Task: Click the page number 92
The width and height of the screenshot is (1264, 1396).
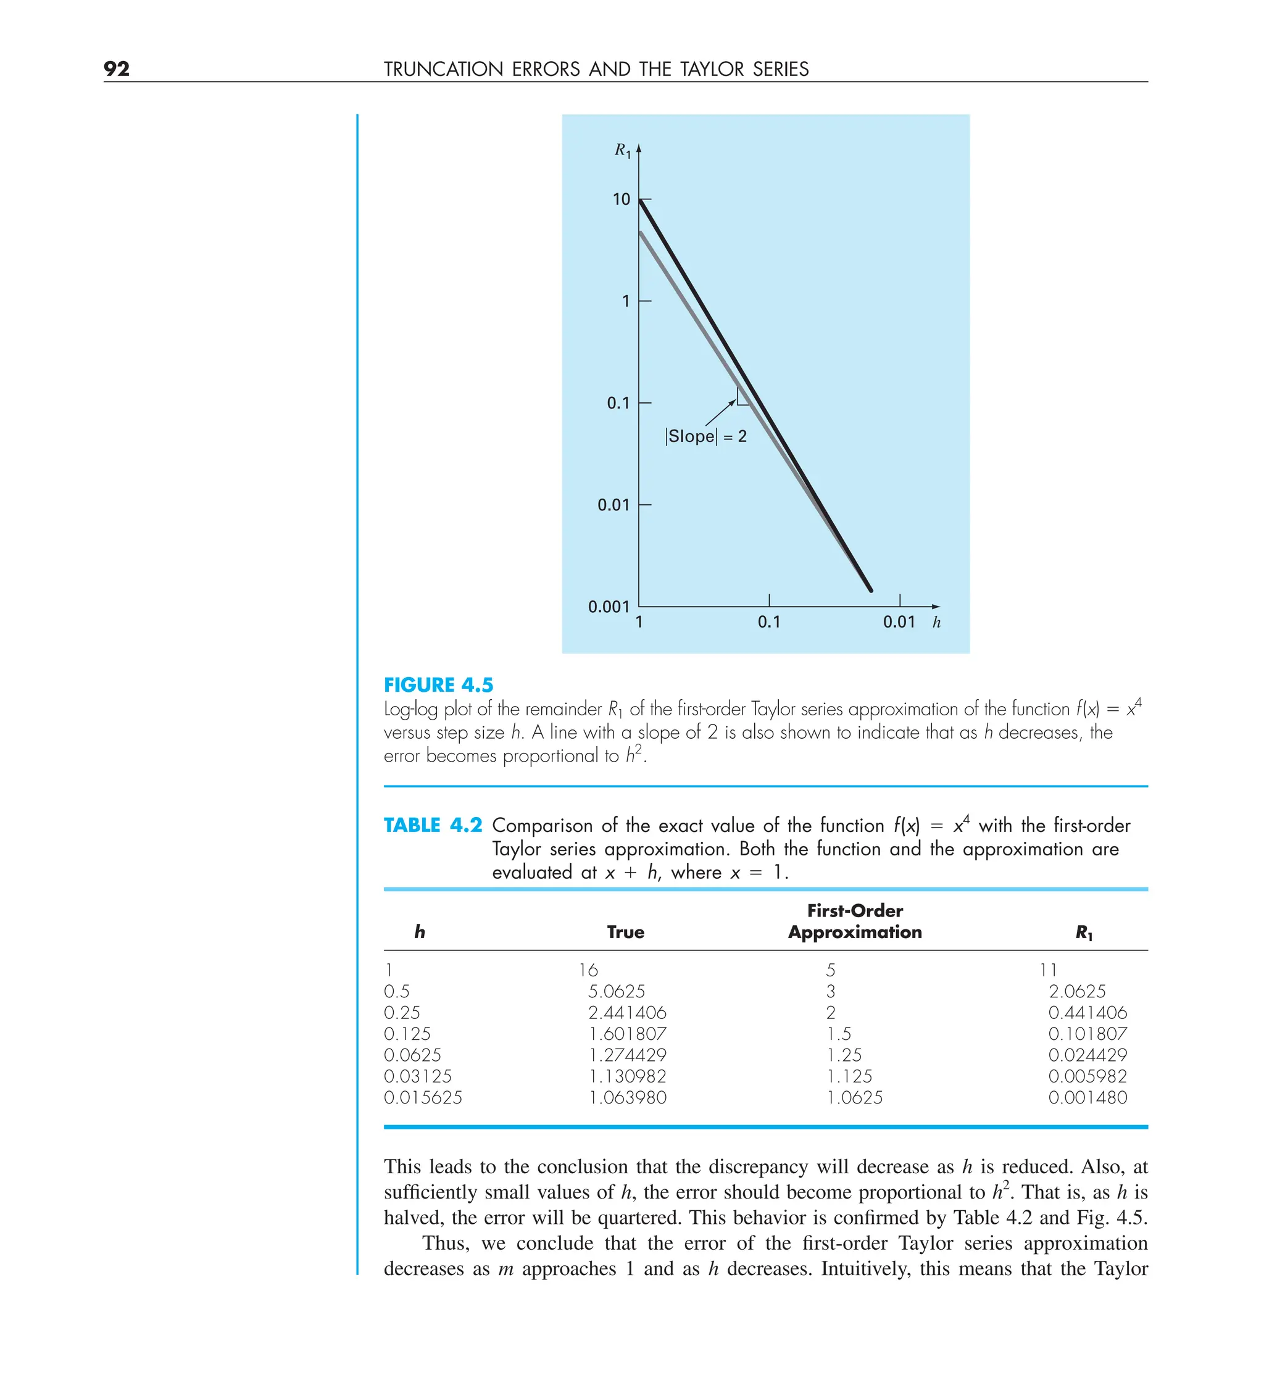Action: (x=117, y=69)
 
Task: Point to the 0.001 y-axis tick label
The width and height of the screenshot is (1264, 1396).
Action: (x=608, y=607)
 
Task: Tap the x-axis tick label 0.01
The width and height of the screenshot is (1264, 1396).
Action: (x=898, y=622)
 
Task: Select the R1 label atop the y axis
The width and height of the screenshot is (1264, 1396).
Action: (x=622, y=150)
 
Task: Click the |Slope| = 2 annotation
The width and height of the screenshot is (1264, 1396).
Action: (x=706, y=436)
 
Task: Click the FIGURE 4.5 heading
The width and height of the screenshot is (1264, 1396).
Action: (x=438, y=685)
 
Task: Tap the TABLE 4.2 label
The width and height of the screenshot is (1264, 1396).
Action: (x=433, y=825)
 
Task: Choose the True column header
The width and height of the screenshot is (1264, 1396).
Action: (x=625, y=932)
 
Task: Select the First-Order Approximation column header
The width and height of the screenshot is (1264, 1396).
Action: (x=854, y=921)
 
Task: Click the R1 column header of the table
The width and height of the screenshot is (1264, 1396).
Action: (x=1083, y=933)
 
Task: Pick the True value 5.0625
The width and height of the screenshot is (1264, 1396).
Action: (x=617, y=991)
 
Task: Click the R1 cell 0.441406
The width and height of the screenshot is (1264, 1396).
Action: (x=1087, y=1012)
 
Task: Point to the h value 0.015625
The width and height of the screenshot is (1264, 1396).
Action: (x=423, y=1097)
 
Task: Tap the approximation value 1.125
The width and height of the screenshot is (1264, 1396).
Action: (x=849, y=1076)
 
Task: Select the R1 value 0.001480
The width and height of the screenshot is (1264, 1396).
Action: (x=1087, y=1097)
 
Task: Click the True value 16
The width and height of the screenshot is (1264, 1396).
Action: (x=588, y=970)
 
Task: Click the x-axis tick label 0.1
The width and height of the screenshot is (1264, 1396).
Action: (x=768, y=622)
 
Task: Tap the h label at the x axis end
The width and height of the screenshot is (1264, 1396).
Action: (x=936, y=622)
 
